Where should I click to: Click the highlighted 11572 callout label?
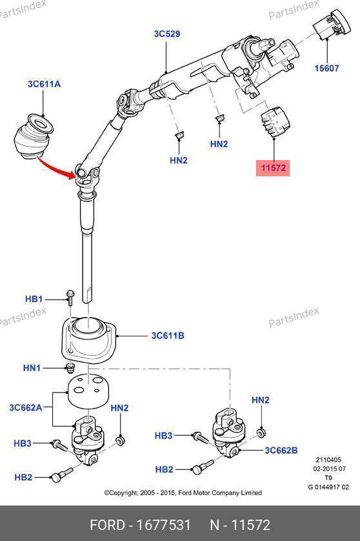coord(273,168)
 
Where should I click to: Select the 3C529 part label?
coord(167,34)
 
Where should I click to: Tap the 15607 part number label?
coord(326,68)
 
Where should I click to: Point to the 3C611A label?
coord(44,84)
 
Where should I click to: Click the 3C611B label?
coord(168,335)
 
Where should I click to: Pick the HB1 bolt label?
coord(34,299)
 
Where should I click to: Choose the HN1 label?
coord(32,368)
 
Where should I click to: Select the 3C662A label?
coord(26,408)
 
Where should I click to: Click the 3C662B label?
coord(281,450)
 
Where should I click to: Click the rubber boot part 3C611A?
coord(33,137)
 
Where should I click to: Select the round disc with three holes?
coord(88,392)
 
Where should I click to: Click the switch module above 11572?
coord(275,123)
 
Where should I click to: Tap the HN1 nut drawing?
coord(70,368)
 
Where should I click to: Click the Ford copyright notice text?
coord(183,493)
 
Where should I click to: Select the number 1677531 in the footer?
coord(163,526)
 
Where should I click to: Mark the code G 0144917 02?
coord(328,487)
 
